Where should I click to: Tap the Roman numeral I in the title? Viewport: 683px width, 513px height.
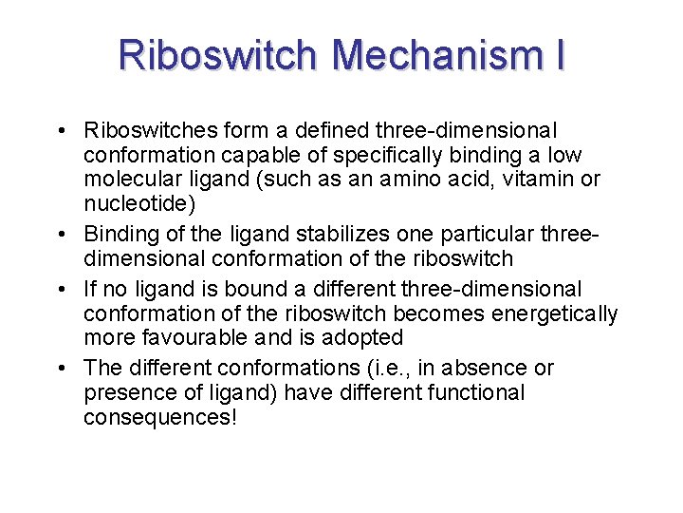(x=559, y=55)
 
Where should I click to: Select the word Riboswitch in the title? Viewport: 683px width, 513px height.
(x=220, y=55)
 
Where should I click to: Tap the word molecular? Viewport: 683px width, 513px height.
(x=129, y=180)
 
